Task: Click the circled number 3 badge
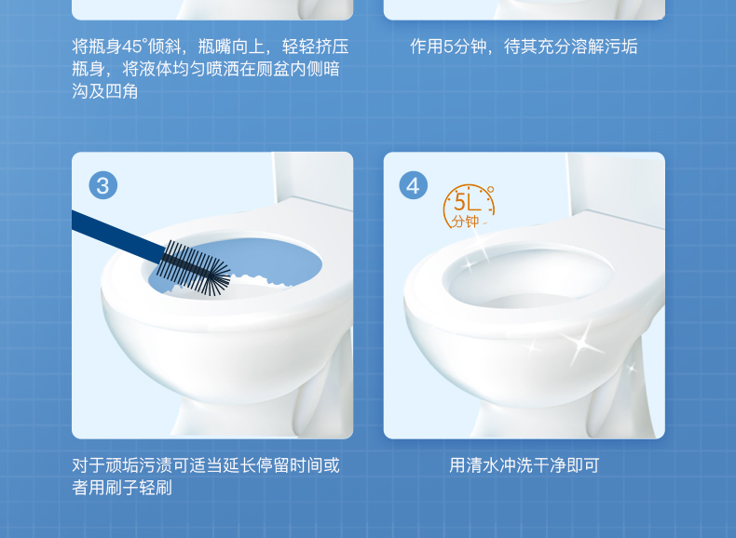point(102,185)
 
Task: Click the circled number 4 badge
point(413,185)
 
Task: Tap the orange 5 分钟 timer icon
point(468,207)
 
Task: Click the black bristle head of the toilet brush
point(194,268)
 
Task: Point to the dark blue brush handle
point(117,235)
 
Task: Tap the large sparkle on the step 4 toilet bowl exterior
point(582,343)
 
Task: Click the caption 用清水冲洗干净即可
point(524,465)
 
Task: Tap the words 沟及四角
point(104,91)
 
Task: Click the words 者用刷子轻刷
point(121,488)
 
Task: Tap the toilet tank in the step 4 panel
point(616,185)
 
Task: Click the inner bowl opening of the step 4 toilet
point(528,277)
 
